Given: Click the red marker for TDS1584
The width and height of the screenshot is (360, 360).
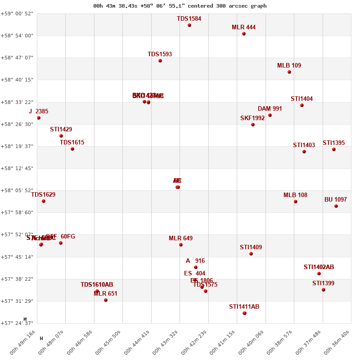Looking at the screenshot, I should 189,25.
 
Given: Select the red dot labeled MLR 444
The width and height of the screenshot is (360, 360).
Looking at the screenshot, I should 244,34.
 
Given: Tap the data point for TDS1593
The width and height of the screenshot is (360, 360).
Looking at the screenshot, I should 160,61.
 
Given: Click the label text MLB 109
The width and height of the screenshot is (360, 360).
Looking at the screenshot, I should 289,66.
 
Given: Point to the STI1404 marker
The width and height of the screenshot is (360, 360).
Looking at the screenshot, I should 302,105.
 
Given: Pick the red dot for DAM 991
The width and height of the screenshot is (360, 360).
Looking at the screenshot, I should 270,115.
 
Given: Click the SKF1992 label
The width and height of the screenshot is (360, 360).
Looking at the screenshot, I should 252,118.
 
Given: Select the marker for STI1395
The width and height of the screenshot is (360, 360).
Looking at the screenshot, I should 334,149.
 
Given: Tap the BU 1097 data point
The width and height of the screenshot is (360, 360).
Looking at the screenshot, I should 336,206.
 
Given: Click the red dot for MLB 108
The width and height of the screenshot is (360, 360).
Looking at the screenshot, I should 296,202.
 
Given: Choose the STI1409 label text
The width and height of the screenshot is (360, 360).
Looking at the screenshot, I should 251,247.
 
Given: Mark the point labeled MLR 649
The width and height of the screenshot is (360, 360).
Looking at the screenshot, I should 181,245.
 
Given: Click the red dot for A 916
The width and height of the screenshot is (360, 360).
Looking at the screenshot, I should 196,267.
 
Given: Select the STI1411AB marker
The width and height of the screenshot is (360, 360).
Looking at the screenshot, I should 244,313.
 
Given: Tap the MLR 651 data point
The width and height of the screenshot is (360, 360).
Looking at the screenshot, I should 106,300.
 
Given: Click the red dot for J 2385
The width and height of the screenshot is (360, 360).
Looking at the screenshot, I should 39,118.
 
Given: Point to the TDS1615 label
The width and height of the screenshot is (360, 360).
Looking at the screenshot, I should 72,143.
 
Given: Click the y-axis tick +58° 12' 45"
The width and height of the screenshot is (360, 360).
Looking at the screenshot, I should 19,168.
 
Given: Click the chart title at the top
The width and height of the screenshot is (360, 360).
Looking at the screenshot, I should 180,6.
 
